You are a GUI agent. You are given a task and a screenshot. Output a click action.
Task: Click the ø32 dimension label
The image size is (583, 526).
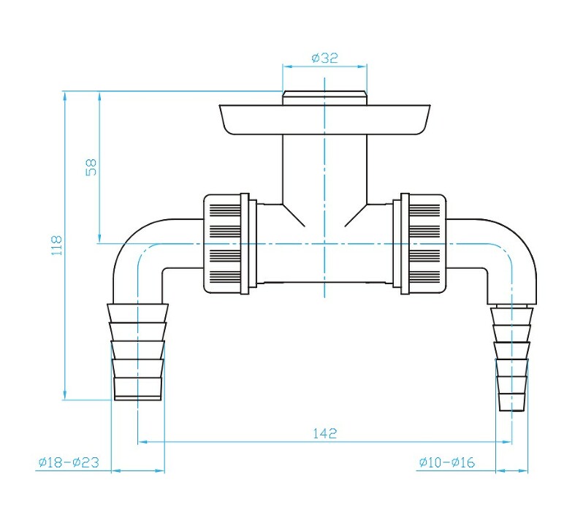click(x=324, y=58)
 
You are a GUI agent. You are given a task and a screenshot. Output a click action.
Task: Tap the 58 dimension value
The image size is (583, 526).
click(x=91, y=167)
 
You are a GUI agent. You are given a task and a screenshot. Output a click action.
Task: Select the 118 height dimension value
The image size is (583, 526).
click(x=56, y=245)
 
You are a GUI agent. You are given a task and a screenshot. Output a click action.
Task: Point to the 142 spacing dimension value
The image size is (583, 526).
click(x=324, y=433)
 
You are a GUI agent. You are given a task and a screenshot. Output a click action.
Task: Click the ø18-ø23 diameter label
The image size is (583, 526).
click(x=69, y=462)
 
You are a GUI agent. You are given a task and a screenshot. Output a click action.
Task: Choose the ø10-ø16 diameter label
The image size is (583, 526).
click(x=447, y=462)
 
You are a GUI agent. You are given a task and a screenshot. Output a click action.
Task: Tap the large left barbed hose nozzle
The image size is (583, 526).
click(x=137, y=351)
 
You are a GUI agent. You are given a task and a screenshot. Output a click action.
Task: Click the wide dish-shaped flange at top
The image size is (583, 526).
click(x=324, y=119)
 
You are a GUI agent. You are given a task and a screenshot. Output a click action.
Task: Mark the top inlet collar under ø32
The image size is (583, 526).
click(x=324, y=98)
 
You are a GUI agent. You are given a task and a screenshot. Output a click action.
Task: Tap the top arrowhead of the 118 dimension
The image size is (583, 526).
click(x=65, y=96)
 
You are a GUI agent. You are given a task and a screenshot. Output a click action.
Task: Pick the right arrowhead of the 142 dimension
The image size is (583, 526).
click(x=506, y=442)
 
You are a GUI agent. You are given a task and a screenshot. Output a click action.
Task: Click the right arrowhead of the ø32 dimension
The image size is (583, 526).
click(x=362, y=66)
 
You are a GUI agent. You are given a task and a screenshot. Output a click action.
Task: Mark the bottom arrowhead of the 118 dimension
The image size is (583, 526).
click(x=65, y=394)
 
